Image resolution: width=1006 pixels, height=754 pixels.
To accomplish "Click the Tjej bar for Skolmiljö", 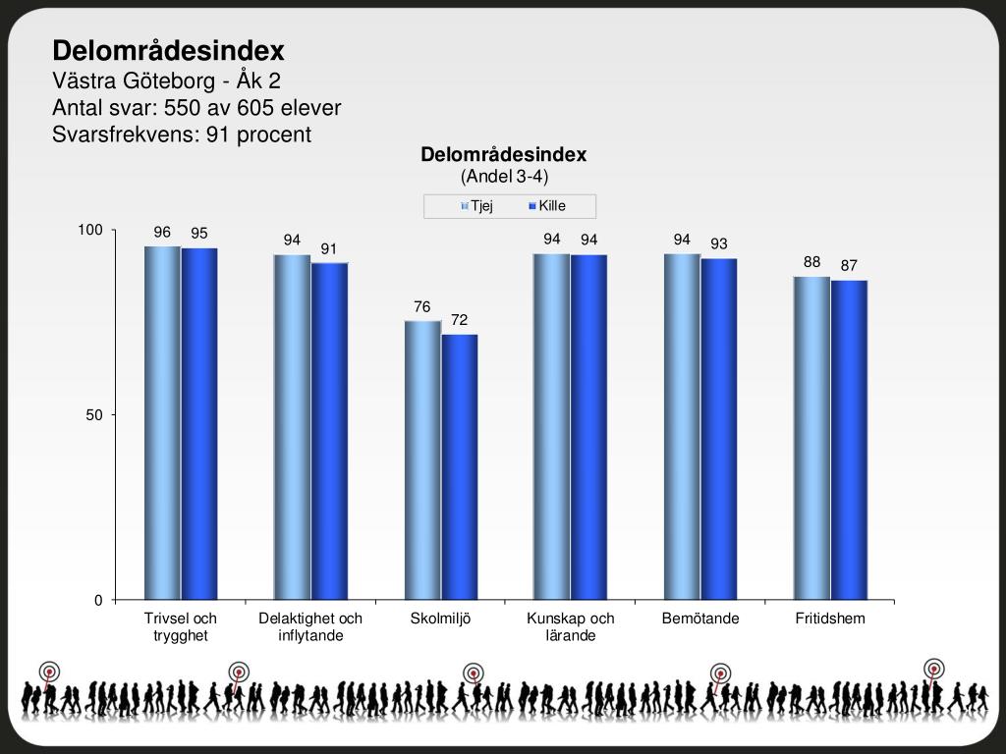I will click(422, 459).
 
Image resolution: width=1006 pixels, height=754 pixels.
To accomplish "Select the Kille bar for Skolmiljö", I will click(460, 466).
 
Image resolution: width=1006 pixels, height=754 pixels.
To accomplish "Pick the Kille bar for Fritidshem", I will click(849, 440).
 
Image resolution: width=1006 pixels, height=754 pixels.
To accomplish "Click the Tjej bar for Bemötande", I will click(682, 426).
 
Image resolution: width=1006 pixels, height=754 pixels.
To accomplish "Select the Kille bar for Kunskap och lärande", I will click(588, 426).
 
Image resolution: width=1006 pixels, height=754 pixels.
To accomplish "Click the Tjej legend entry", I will click(476, 206).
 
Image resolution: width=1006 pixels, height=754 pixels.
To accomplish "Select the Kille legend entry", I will click(547, 206).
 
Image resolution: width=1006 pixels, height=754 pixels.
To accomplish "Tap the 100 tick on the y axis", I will click(90, 230).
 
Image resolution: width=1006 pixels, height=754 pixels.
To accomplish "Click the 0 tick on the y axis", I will click(98, 600).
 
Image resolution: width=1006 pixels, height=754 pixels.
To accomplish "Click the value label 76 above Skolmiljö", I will click(422, 307).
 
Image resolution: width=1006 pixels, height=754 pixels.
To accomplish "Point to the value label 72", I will click(459, 320).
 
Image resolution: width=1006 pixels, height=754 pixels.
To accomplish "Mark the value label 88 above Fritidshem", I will click(811, 262).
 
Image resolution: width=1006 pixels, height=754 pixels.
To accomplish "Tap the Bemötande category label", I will click(700, 619).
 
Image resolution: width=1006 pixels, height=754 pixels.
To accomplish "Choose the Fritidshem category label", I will click(830, 619).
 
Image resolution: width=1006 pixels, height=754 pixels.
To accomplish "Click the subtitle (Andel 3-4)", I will click(504, 177).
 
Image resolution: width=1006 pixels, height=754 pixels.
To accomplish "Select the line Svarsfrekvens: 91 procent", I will click(181, 135).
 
